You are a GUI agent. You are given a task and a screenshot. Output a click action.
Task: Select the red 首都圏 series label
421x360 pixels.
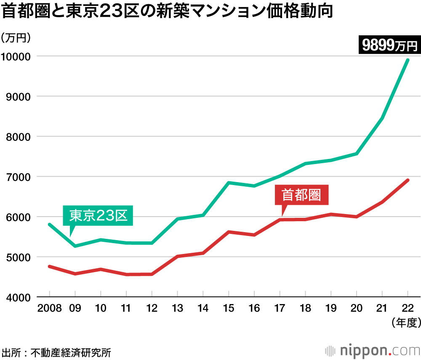[x=301, y=195]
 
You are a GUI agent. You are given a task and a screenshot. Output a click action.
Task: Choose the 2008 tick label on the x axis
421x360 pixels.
[x=49, y=308]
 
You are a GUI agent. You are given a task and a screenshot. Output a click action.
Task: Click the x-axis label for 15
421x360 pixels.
[x=229, y=308]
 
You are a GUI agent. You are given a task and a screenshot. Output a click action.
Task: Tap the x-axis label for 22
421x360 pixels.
[x=408, y=308]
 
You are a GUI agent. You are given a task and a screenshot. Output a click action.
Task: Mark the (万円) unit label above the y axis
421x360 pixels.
[x=16, y=38]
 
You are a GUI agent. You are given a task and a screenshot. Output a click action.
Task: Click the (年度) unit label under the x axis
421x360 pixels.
[x=405, y=323]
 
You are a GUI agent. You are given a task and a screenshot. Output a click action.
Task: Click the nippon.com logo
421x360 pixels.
[x=373, y=350]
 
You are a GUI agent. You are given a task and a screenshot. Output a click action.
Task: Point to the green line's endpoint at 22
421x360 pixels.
[x=408, y=60]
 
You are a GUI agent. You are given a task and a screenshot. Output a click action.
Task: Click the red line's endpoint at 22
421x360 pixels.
[x=408, y=180]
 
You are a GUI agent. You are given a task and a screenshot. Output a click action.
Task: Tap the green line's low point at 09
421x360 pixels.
[x=75, y=246]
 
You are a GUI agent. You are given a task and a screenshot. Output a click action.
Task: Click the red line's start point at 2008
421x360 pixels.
[x=49, y=266]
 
